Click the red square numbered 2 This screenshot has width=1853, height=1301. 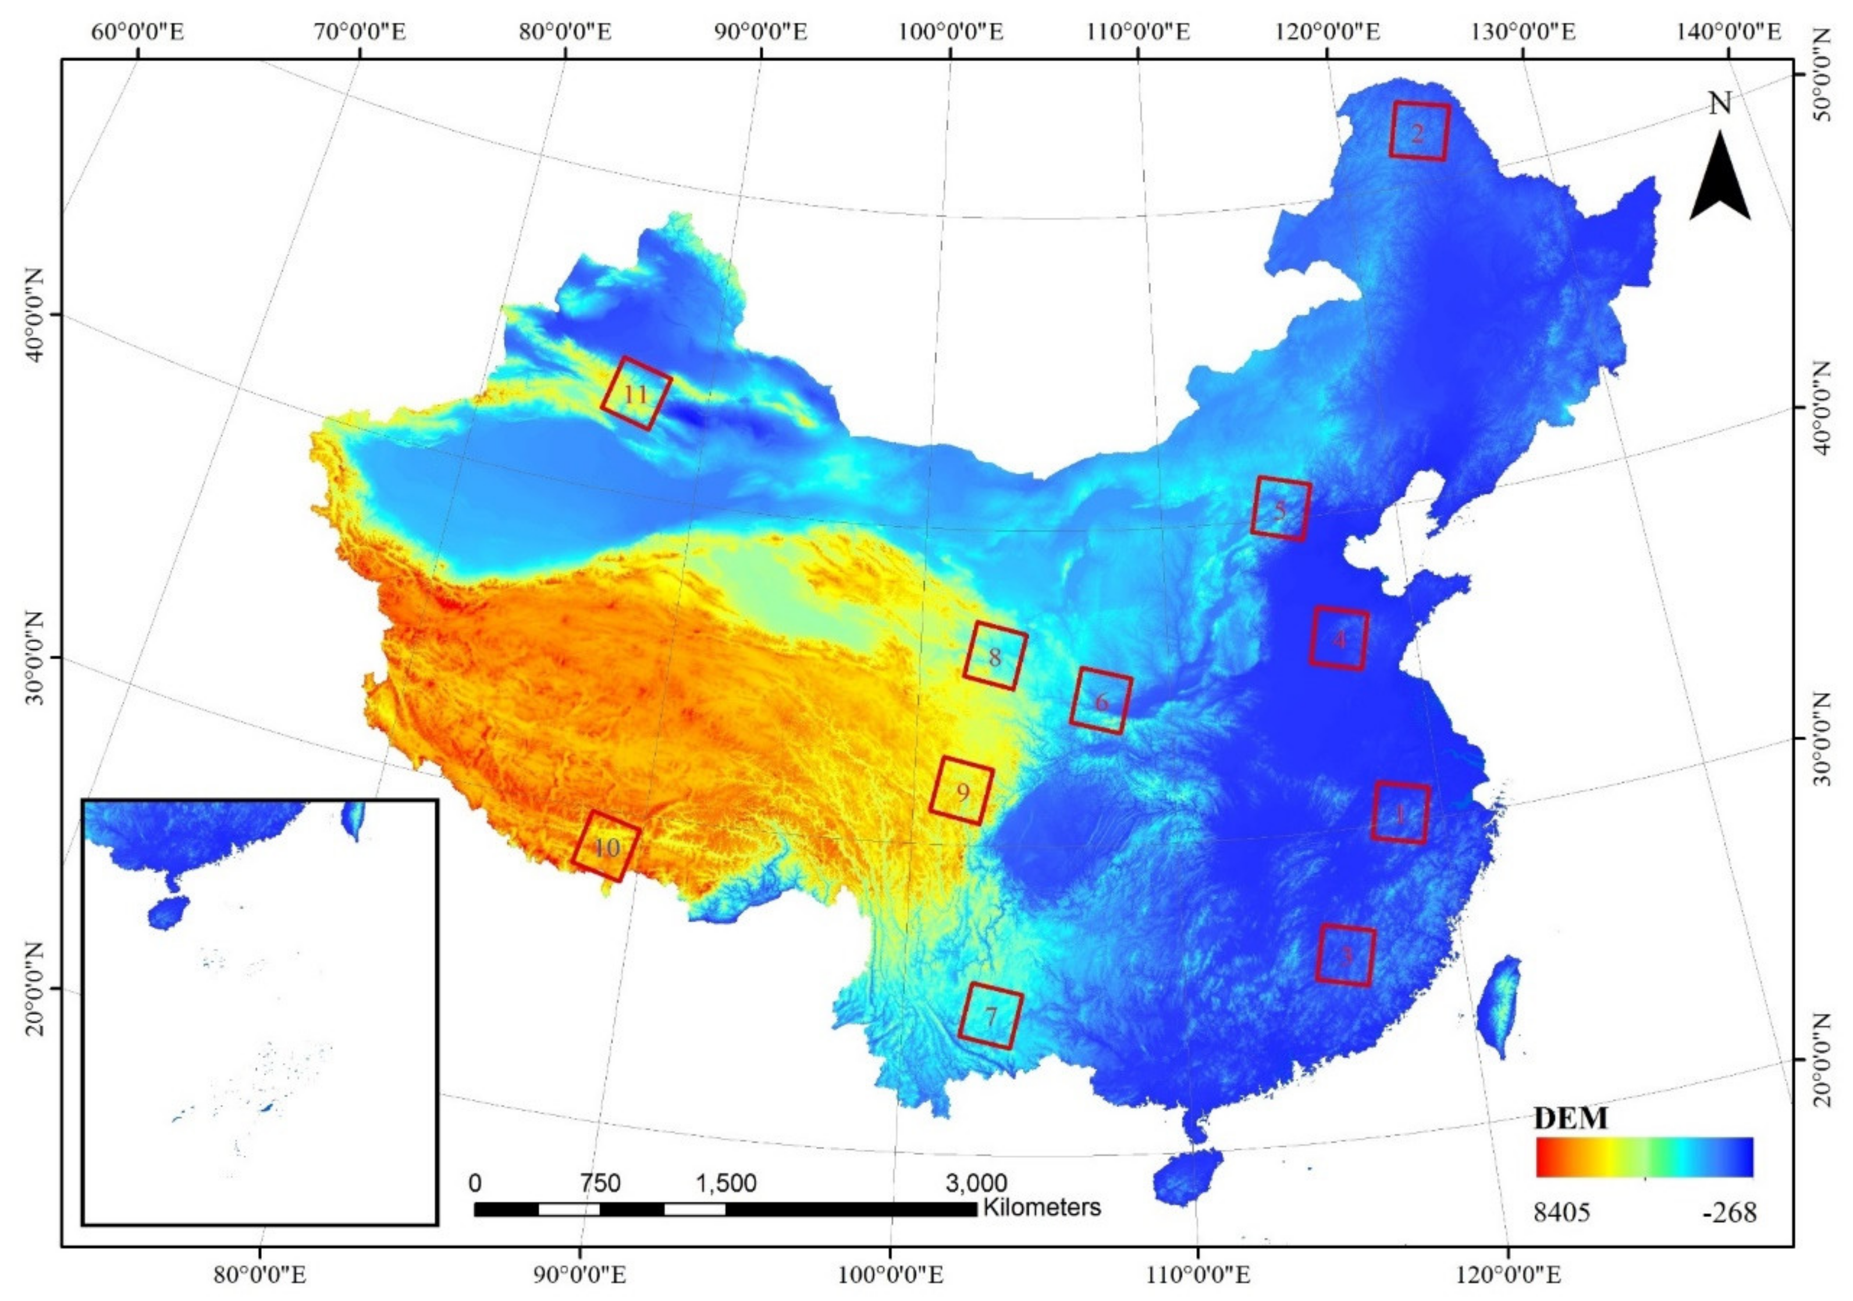coord(1420,131)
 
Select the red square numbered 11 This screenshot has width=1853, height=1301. coord(636,393)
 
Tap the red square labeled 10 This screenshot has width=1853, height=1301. coord(606,846)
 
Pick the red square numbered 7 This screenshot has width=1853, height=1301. coord(990,1016)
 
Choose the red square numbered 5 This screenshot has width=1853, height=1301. coord(1280,509)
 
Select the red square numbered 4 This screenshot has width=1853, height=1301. coord(1339,638)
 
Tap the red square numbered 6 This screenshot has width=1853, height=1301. coord(1101,701)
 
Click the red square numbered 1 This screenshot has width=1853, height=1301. coord(1400,813)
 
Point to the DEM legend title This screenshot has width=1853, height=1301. coord(1570,1118)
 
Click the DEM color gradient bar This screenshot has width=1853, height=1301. coord(1645,1157)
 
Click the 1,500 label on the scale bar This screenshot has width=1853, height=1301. coord(726,1183)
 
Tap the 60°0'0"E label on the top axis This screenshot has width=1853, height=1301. coord(139,32)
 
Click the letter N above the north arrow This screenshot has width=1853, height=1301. coord(1720,104)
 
